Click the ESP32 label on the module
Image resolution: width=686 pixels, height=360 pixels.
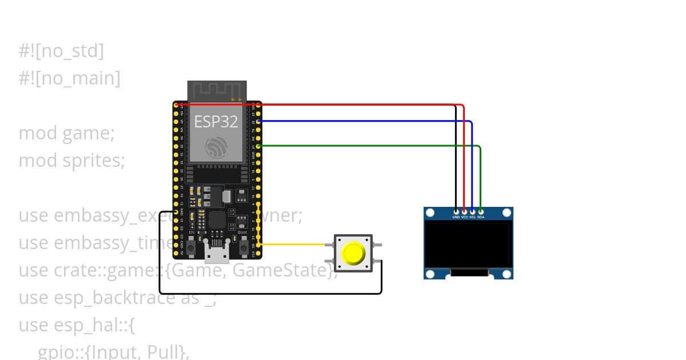216,121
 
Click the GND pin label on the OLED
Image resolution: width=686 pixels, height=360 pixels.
456,217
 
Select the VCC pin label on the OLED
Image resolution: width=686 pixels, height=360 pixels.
464,217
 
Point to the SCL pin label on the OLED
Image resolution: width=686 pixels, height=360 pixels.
472,217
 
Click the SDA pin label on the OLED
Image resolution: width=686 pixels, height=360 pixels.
481,217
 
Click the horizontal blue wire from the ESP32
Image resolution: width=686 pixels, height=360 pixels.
366,121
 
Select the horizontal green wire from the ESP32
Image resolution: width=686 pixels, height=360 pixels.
366,146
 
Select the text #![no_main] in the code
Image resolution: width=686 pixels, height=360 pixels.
69,78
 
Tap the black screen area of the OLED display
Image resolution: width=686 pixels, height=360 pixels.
468,245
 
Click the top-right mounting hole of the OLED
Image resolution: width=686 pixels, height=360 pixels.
506,213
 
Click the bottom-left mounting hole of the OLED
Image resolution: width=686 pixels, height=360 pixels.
430,273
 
